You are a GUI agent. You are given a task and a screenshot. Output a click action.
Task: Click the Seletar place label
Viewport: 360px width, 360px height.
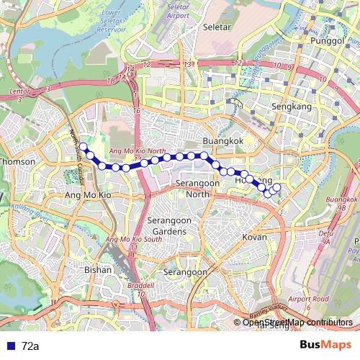pyautogui.click(x=219, y=27)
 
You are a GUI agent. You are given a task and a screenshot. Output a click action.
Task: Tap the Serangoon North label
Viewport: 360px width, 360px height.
pyautogui.click(x=197, y=189)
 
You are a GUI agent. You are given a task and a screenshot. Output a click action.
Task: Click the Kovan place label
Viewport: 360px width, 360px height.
pyautogui.click(x=255, y=237)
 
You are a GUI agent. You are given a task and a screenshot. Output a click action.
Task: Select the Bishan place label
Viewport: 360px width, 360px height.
pyautogui.click(x=98, y=270)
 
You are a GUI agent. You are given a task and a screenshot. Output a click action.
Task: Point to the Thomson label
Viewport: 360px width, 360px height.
pyautogui.click(x=19, y=162)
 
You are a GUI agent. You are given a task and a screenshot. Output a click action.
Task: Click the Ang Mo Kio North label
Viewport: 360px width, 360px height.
pyautogui.click(x=137, y=150)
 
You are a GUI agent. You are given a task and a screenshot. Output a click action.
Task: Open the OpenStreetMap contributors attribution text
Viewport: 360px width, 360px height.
pyautogui.click(x=297, y=323)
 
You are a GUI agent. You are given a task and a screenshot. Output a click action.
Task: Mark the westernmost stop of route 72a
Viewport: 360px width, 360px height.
pyautogui.click(x=83, y=147)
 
